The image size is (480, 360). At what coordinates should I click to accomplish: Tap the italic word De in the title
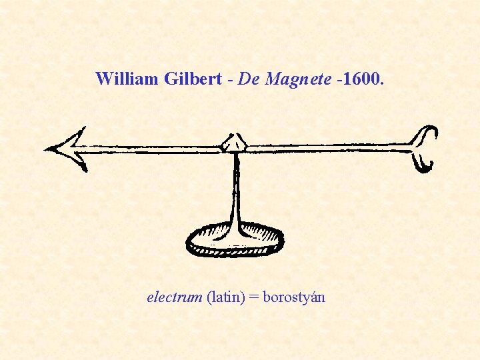pyautogui.click(x=248, y=79)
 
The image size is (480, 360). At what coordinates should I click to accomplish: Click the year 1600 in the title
pyautogui.click(x=361, y=79)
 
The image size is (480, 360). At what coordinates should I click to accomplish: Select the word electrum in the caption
pyautogui.click(x=174, y=297)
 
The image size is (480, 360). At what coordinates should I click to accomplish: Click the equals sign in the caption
pyautogui.click(x=254, y=298)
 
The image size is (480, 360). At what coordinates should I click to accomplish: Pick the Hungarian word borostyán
pyautogui.click(x=294, y=298)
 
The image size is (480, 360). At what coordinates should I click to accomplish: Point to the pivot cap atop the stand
pyautogui.click(x=235, y=142)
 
